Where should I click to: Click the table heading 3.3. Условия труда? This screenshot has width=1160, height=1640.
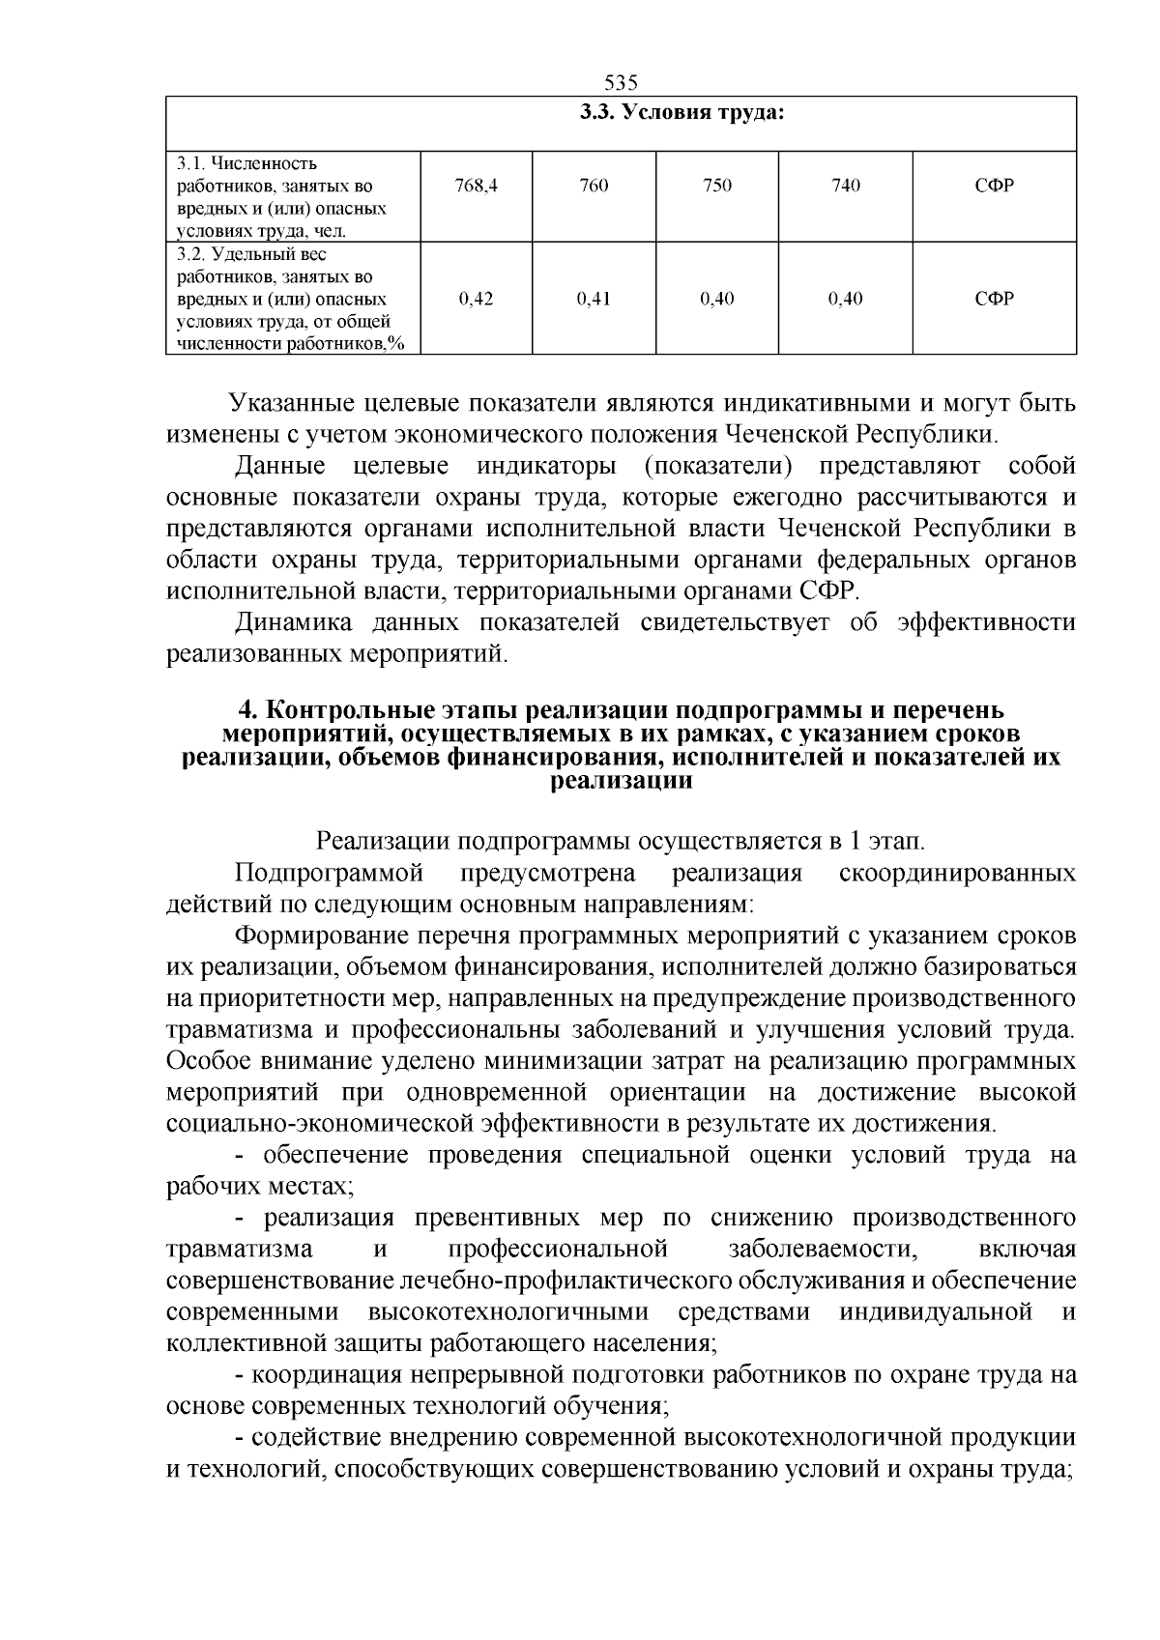(x=681, y=113)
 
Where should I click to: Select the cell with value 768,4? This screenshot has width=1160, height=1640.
(x=476, y=186)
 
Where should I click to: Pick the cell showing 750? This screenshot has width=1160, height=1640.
(x=716, y=186)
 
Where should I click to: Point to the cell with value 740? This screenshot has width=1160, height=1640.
(x=846, y=186)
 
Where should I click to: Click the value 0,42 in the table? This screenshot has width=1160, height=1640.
(x=476, y=299)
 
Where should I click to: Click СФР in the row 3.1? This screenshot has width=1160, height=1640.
(x=995, y=186)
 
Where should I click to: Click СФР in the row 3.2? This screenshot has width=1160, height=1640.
(x=995, y=299)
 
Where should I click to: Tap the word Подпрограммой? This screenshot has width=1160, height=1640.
(x=330, y=874)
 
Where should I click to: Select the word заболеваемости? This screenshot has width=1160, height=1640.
(x=822, y=1249)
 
